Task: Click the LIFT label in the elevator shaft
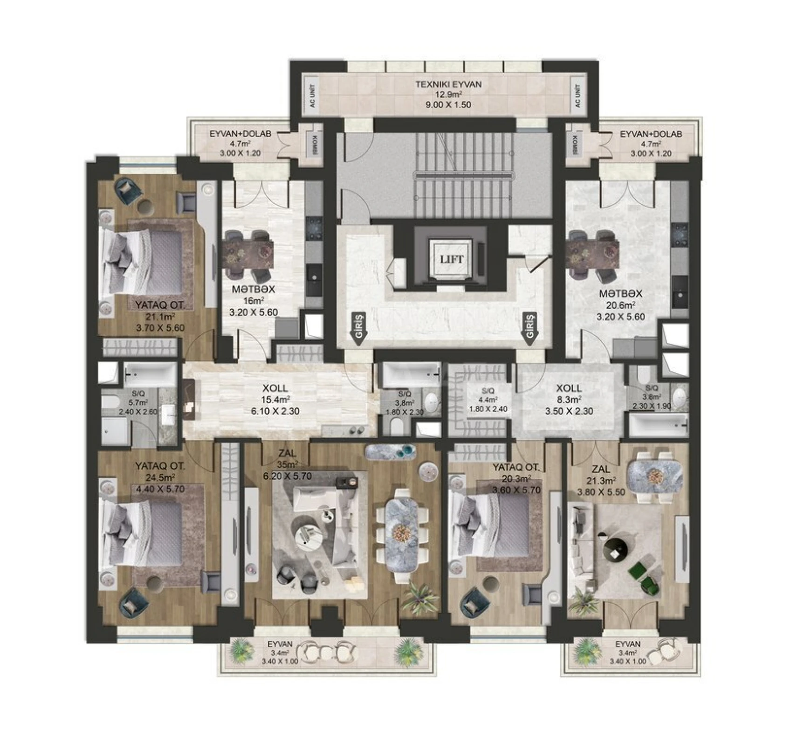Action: [x=451, y=259]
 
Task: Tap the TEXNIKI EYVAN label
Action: [x=448, y=84]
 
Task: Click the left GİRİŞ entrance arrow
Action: [x=358, y=328]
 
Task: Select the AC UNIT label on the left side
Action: [x=312, y=96]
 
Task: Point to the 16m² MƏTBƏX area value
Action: [x=254, y=301]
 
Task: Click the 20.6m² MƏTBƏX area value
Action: [x=620, y=305]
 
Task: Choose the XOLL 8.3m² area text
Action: [x=569, y=400]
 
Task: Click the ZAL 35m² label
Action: [x=287, y=464]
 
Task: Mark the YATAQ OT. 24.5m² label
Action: [x=160, y=477]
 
